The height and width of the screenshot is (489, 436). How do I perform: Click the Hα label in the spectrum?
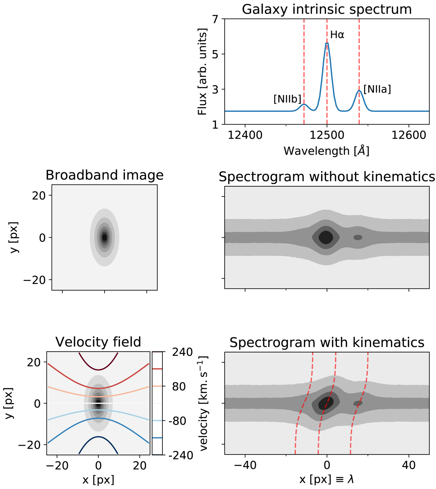point(337,35)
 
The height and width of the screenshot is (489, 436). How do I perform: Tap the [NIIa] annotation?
point(377,89)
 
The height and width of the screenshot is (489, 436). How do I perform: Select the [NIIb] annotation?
point(287,99)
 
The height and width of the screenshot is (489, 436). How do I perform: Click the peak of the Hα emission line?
point(327,43)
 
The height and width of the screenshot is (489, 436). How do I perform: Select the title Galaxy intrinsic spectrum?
point(327,9)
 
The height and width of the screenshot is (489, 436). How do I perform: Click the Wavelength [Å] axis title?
point(327,151)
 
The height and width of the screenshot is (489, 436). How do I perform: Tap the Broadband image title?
point(104,175)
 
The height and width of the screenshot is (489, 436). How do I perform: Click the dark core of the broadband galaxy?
point(105,237)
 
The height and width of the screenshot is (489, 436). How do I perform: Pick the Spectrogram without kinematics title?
point(327,177)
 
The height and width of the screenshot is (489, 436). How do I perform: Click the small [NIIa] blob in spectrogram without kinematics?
point(358,237)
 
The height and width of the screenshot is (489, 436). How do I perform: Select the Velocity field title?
point(98,342)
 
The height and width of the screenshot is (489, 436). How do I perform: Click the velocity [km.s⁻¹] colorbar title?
point(204,403)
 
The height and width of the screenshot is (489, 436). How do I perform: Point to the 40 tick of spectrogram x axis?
point(409,465)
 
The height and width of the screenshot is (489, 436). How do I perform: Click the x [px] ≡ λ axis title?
point(327,480)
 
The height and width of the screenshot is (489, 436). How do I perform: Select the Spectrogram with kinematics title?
point(327,343)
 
